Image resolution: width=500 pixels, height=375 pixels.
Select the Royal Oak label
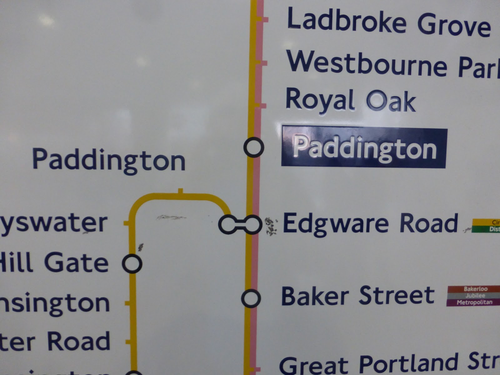[351, 100]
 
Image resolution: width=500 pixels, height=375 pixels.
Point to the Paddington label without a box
[109, 160]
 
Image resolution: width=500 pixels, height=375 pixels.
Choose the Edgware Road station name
[370, 223]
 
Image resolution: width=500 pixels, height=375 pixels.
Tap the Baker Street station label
[358, 296]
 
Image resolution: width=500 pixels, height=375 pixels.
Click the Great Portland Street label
[389, 364]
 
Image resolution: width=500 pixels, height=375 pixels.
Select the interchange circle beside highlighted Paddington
[253, 147]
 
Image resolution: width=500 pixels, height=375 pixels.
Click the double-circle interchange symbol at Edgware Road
[240, 224]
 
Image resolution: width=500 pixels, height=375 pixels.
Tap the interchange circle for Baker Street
[251, 298]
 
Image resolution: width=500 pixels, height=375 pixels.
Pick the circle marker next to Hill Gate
[132, 263]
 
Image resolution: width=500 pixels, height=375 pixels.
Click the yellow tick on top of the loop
[180, 191]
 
